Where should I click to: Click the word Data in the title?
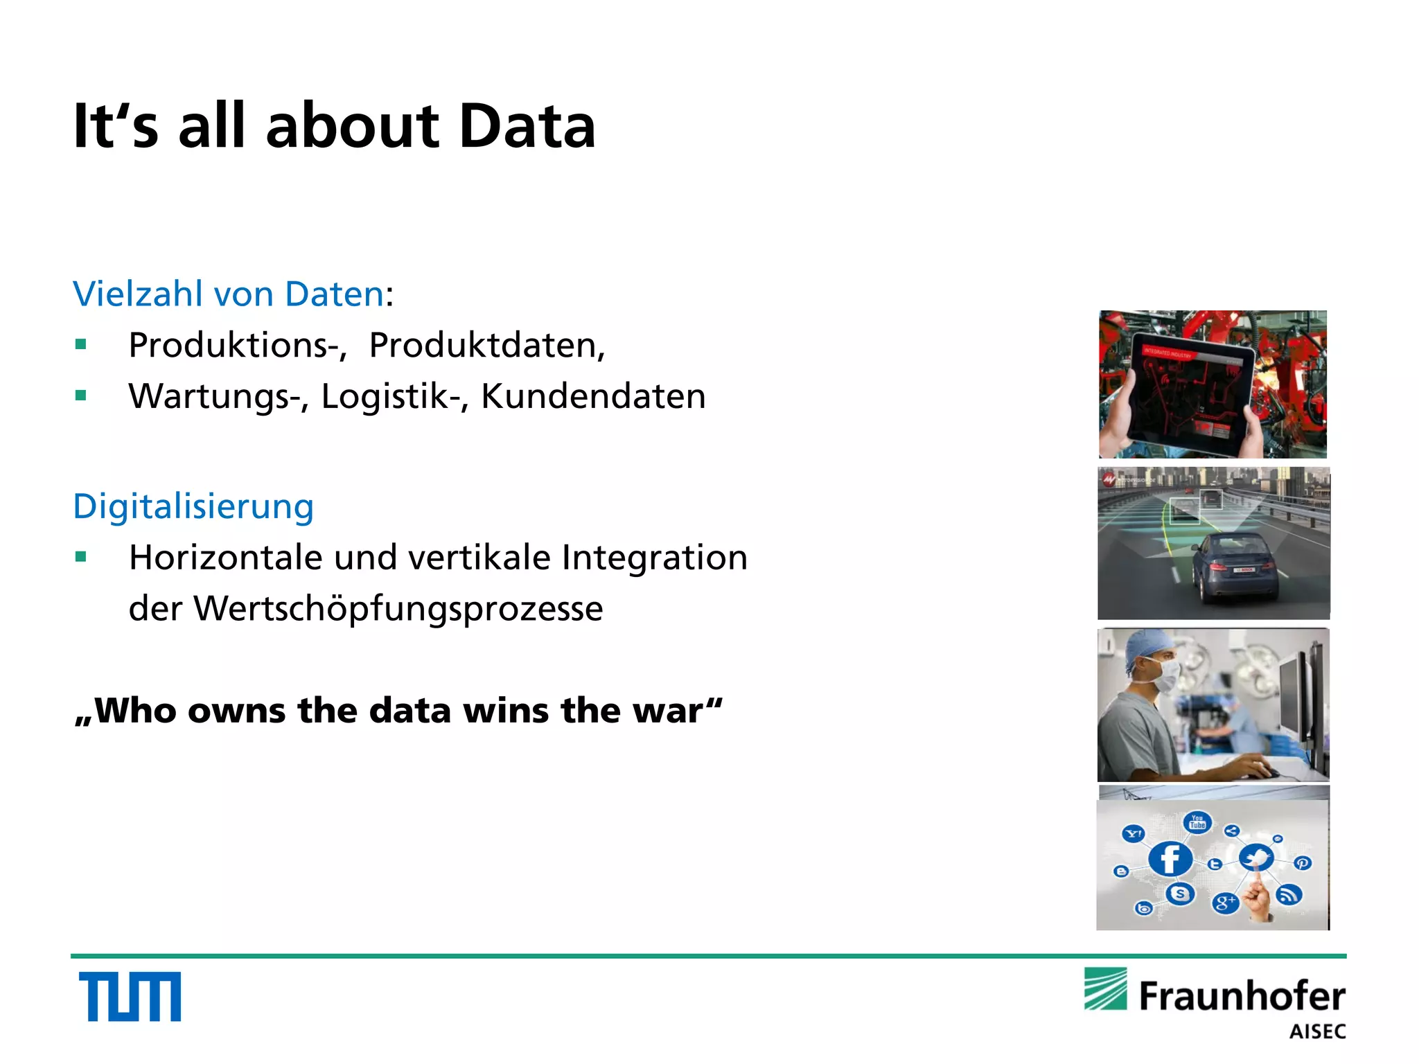(x=527, y=126)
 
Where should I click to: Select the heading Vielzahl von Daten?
(x=229, y=294)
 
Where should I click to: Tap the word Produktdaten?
(x=486, y=345)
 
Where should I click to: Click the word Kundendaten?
(x=593, y=396)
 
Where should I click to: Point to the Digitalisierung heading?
(x=193, y=506)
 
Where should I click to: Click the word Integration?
(x=654, y=558)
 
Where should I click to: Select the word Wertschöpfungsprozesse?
(x=398, y=609)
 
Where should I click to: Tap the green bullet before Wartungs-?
(x=81, y=396)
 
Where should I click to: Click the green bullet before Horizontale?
(x=81, y=557)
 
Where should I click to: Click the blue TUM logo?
(x=130, y=996)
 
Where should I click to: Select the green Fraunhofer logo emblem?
(x=1106, y=989)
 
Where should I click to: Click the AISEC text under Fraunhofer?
(x=1317, y=1031)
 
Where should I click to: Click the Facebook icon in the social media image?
(x=1170, y=860)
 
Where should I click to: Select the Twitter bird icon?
(x=1256, y=858)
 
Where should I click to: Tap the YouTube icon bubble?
(x=1197, y=822)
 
